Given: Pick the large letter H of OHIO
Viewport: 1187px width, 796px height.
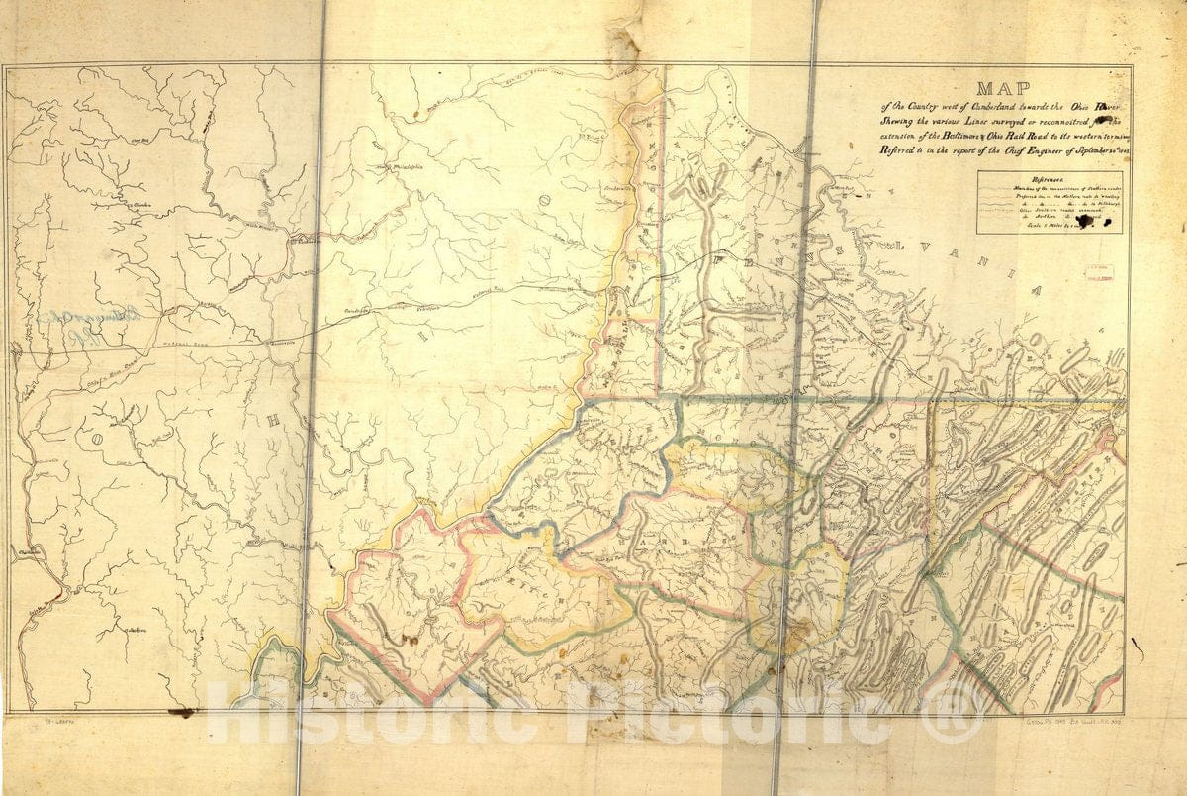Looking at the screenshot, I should pyautogui.click(x=273, y=419).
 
